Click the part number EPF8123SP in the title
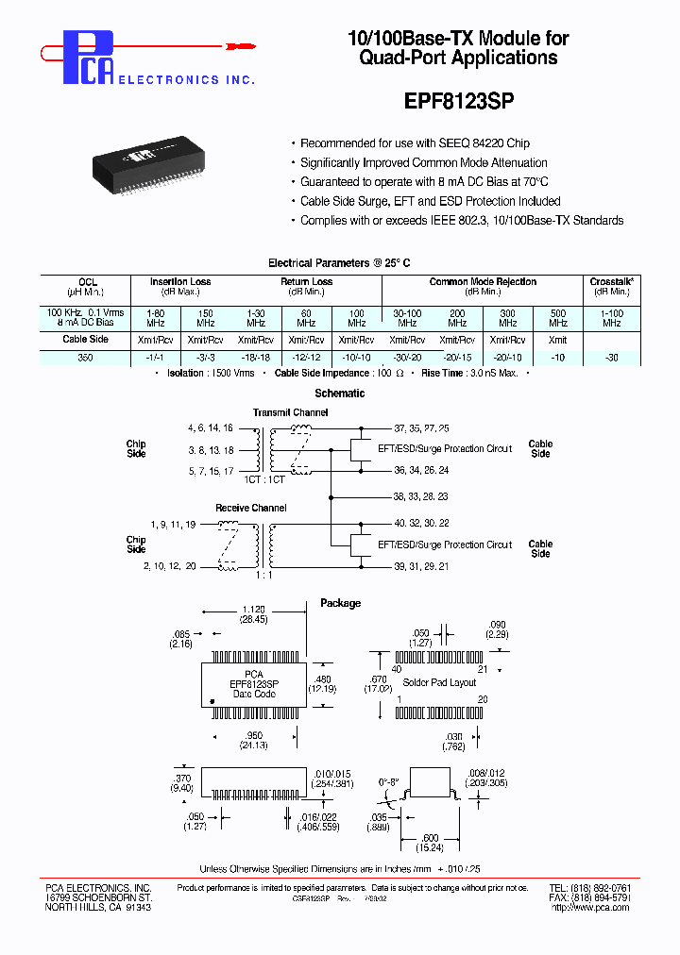click(x=458, y=99)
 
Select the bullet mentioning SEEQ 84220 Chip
click(x=415, y=143)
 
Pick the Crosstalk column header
click(x=611, y=282)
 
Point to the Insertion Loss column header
click(x=180, y=282)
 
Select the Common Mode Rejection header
click(x=483, y=282)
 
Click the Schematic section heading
click(x=339, y=394)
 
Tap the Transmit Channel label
click(x=291, y=412)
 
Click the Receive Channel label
click(x=251, y=508)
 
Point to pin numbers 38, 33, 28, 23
click(x=420, y=496)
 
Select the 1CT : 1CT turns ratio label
click(x=264, y=480)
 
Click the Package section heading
click(x=340, y=603)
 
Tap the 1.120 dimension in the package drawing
click(x=252, y=610)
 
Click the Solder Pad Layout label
click(x=440, y=682)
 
